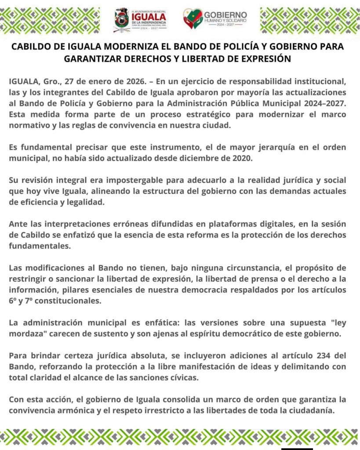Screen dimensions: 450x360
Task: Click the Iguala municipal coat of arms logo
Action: [x=122, y=20]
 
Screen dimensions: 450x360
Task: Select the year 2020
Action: [x=243, y=158]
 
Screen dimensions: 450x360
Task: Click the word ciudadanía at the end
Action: [x=311, y=410]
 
